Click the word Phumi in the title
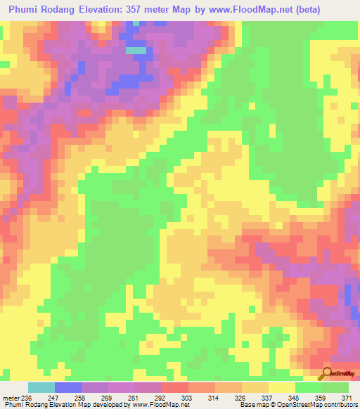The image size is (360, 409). point(26,10)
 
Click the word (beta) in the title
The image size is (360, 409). point(335,10)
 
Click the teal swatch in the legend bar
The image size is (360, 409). point(41,387)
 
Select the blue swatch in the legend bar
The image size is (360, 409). point(67,387)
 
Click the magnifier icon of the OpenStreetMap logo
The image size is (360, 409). point(328,373)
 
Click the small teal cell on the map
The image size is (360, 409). point(136,51)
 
